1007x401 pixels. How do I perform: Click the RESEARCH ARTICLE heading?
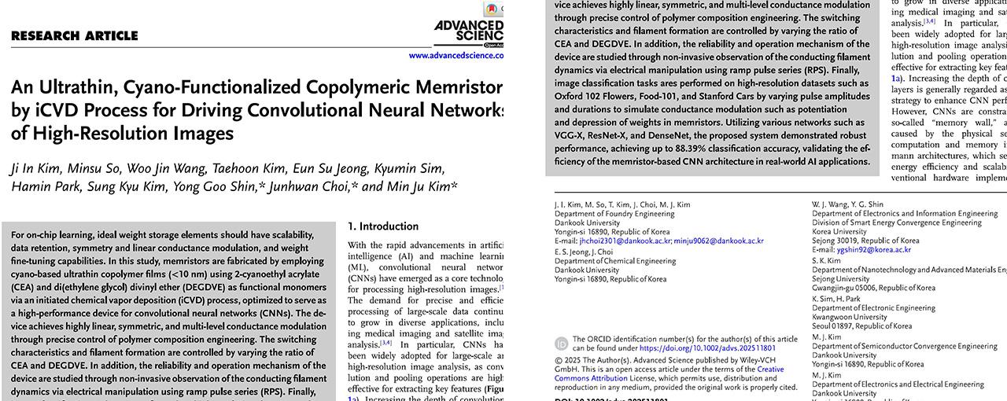point(75,35)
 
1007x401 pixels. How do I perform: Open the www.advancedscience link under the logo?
point(456,56)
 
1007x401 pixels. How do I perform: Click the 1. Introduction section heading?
point(383,226)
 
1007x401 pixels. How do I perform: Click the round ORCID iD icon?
point(562,344)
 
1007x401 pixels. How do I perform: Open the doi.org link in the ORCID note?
point(707,348)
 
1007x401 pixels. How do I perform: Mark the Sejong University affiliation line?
point(841,279)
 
